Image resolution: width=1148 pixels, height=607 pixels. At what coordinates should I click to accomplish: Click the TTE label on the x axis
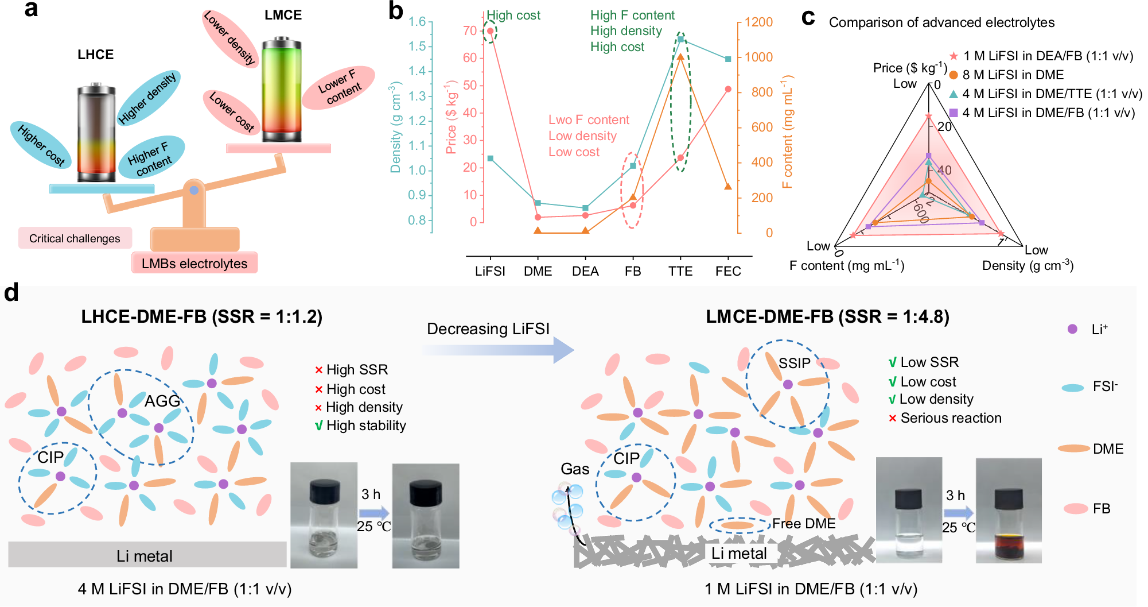(x=680, y=271)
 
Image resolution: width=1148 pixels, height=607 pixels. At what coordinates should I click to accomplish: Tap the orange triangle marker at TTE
(x=680, y=57)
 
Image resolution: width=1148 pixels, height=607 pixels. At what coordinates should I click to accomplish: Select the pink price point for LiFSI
(x=490, y=31)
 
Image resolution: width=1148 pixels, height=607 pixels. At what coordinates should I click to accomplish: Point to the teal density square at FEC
(x=728, y=59)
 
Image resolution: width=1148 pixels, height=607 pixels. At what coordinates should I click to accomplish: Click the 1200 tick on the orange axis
(x=758, y=22)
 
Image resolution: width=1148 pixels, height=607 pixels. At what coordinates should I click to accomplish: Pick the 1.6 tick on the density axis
(x=417, y=22)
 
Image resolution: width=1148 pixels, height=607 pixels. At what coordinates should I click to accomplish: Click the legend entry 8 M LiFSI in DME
(x=1013, y=75)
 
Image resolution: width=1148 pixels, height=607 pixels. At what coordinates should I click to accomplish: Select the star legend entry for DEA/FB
(x=954, y=56)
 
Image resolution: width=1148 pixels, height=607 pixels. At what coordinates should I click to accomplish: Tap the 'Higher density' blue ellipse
(x=149, y=98)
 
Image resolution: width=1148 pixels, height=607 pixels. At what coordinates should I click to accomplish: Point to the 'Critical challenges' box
(x=75, y=238)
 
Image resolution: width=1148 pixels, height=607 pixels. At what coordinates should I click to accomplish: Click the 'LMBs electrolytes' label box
(x=194, y=264)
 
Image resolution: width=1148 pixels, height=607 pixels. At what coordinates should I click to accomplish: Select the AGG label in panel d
(x=162, y=400)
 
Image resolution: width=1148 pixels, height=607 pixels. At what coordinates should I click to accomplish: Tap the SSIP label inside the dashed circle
(x=794, y=363)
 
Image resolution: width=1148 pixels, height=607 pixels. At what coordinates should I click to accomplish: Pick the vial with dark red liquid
(x=1008, y=511)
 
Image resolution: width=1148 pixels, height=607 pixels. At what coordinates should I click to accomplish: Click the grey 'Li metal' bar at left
(x=147, y=555)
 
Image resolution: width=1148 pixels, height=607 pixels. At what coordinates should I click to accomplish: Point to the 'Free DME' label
(x=803, y=524)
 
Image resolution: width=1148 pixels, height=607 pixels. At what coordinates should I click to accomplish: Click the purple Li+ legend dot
(x=1072, y=329)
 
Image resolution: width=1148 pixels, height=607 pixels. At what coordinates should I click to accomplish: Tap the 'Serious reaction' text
(x=951, y=418)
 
